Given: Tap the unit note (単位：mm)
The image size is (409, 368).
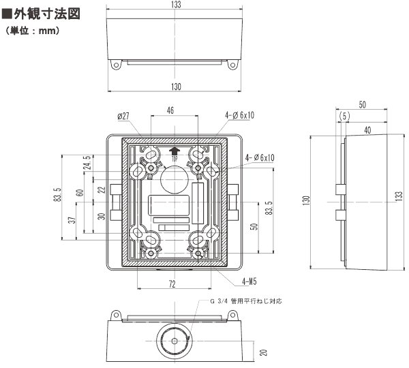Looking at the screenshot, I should [34, 31].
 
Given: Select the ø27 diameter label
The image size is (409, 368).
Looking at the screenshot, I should [123, 117].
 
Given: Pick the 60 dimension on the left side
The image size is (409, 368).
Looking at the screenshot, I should [80, 193].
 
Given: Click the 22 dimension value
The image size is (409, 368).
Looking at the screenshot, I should [100, 190].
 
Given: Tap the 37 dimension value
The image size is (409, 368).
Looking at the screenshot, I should [72, 221].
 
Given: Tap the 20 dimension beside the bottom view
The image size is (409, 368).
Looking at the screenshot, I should [264, 352].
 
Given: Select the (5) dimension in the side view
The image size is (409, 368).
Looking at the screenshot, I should [344, 117].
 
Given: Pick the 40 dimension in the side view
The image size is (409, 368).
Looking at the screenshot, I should [368, 129].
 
